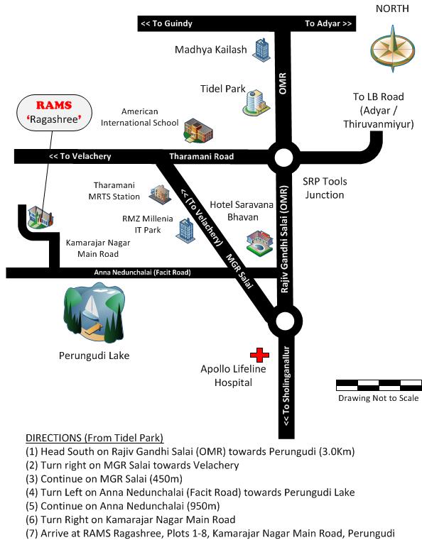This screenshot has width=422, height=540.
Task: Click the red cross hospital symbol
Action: coord(259,354)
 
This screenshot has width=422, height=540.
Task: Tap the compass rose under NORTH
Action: coord(393,49)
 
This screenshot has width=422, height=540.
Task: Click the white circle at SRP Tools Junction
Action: coord(284,158)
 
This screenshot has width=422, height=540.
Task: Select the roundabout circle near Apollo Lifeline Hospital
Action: coord(285,321)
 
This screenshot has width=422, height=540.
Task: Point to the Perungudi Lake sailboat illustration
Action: coord(94,312)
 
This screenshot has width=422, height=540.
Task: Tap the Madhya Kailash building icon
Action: coord(261,50)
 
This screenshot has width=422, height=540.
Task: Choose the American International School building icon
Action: coord(198,131)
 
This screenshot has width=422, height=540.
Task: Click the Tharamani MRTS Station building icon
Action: coord(160,195)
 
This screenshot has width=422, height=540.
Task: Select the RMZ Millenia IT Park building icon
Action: coord(185,231)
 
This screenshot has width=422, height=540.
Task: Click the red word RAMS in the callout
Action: coord(54,105)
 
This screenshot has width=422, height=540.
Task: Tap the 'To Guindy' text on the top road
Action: coord(166,23)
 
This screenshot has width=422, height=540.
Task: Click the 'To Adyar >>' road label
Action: coord(328,23)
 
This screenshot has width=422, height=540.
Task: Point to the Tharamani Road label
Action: coord(201,156)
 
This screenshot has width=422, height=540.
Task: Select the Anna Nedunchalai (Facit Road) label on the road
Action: coord(142,272)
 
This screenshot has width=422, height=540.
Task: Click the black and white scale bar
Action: coord(379,385)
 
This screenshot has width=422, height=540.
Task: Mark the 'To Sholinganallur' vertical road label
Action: coord(286,386)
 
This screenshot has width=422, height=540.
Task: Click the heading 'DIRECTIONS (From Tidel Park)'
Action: coord(94,438)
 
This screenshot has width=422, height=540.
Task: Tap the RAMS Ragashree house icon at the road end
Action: coord(40,217)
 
